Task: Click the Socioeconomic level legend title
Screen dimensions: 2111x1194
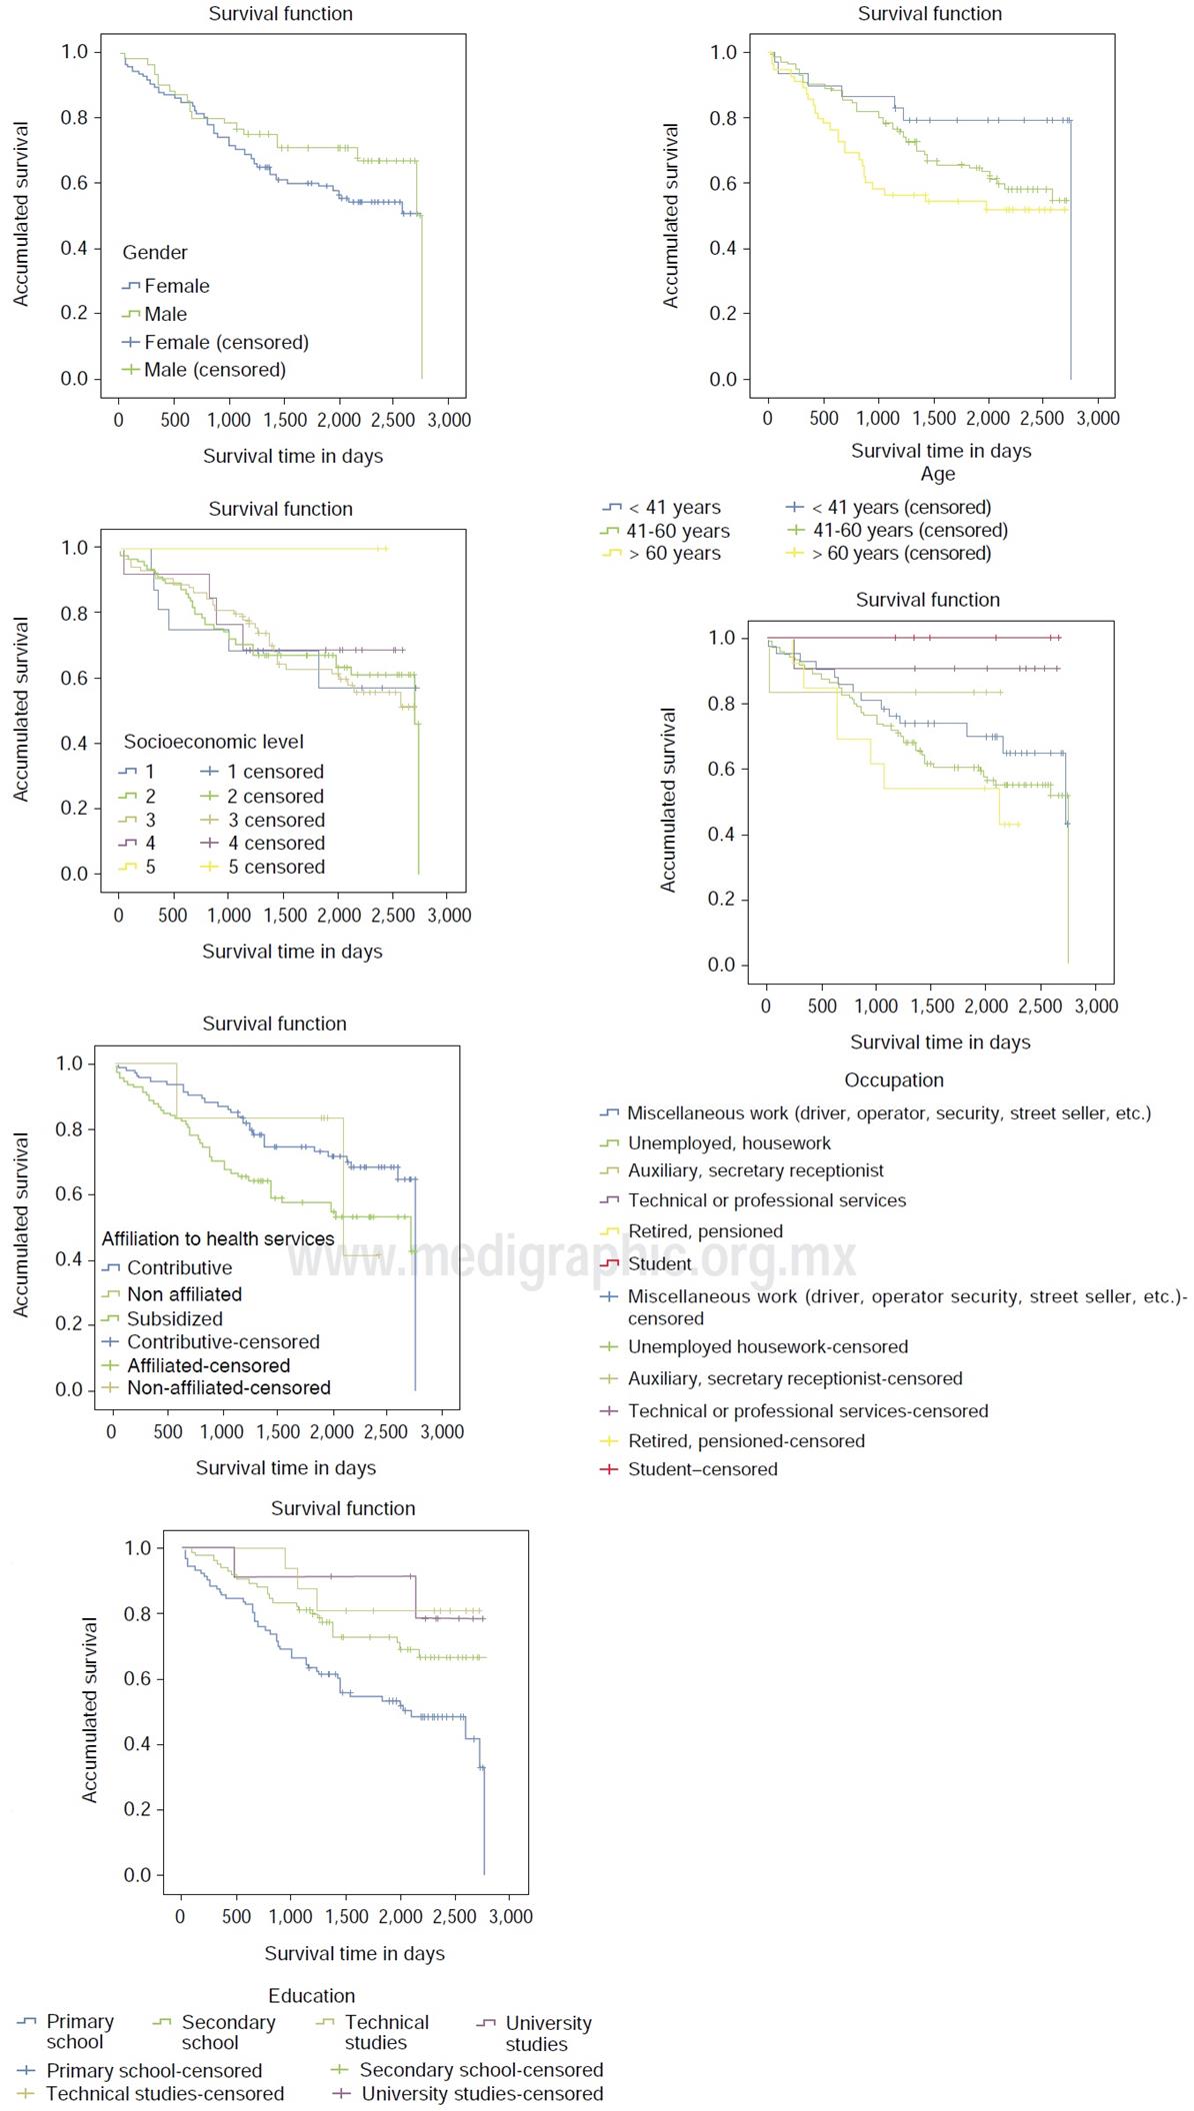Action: pos(213,742)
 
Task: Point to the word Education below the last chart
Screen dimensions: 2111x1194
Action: pos(311,1996)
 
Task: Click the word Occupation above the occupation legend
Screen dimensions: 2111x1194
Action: pos(894,1080)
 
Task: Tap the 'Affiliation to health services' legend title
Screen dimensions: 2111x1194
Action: pos(218,1239)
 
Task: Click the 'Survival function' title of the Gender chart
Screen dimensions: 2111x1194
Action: pos(280,14)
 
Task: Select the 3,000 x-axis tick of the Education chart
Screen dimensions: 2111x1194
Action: pos(510,1917)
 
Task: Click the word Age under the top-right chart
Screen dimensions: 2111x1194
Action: pos(938,475)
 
